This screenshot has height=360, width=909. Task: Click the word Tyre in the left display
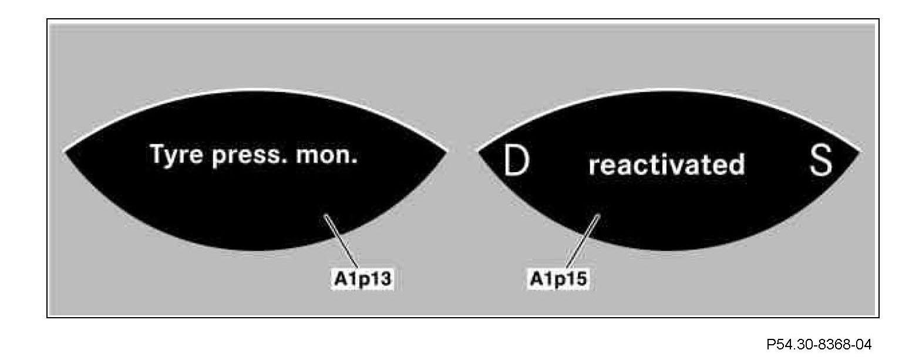coord(174,156)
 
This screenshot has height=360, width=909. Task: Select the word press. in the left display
coord(243,157)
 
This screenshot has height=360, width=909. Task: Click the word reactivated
coord(666,165)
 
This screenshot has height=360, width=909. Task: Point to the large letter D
coord(516,163)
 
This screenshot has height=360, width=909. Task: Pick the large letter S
coord(821,163)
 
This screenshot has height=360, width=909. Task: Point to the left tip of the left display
coord(65,152)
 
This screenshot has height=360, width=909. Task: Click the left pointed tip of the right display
coord(479,152)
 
